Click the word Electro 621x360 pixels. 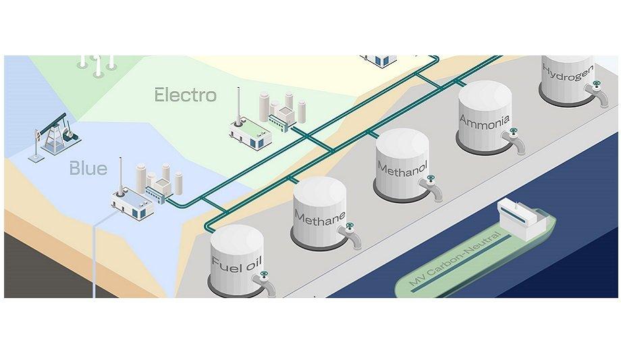click(x=186, y=95)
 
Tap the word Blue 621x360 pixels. click(x=88, y=168)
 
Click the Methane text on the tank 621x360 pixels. click(x=320, y=218)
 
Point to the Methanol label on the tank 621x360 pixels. click(x=403, y=168)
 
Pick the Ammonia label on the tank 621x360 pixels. click(x=485, y=121)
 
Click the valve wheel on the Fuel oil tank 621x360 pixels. click(x=264, y=274)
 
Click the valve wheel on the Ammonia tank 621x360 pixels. click(x=514, y=131)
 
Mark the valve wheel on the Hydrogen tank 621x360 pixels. click(x=597, y=84)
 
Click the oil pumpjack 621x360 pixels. click(x=55, y=136)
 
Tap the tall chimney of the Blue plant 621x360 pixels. click(x=120, y=175)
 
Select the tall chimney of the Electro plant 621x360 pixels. click(x=238, y=106)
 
